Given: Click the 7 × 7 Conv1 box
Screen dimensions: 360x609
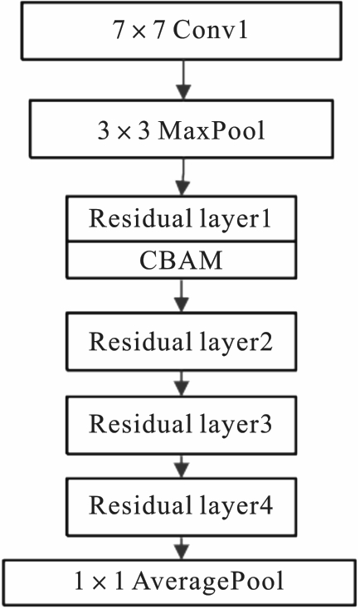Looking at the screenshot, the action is coord(182,31).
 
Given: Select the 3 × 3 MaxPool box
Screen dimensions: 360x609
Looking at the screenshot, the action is coord(182,129).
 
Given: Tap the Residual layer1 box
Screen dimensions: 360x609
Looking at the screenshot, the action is coord(182,219).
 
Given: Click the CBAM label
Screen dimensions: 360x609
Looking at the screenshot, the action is coord(181,261).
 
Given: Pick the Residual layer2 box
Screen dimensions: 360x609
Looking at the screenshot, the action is coord(182,342).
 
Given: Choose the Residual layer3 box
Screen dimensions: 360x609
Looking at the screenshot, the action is coord(182,425).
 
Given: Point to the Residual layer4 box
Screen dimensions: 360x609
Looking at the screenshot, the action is coord(182,507).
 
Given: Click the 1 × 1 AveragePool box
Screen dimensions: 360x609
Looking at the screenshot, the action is coord(179,582).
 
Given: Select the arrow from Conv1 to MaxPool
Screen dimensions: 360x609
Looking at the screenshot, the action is coord(183,80).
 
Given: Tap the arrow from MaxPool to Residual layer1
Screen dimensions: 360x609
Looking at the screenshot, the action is coord(182,177).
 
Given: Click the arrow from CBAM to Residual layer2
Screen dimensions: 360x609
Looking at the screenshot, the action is coord(182,296).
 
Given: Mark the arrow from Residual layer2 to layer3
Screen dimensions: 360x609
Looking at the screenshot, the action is coord(182,383).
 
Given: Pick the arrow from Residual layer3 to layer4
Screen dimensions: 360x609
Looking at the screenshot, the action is coord(182,466).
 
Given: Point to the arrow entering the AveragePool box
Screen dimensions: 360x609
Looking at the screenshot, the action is coord(182,548).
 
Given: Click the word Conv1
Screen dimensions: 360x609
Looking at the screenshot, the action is coord(210,31).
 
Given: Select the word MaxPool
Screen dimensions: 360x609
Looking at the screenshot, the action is coord(212,130).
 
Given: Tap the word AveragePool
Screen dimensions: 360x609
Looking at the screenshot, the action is coord(208,582).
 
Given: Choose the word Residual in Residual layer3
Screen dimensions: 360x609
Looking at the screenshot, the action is coord(142,423).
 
